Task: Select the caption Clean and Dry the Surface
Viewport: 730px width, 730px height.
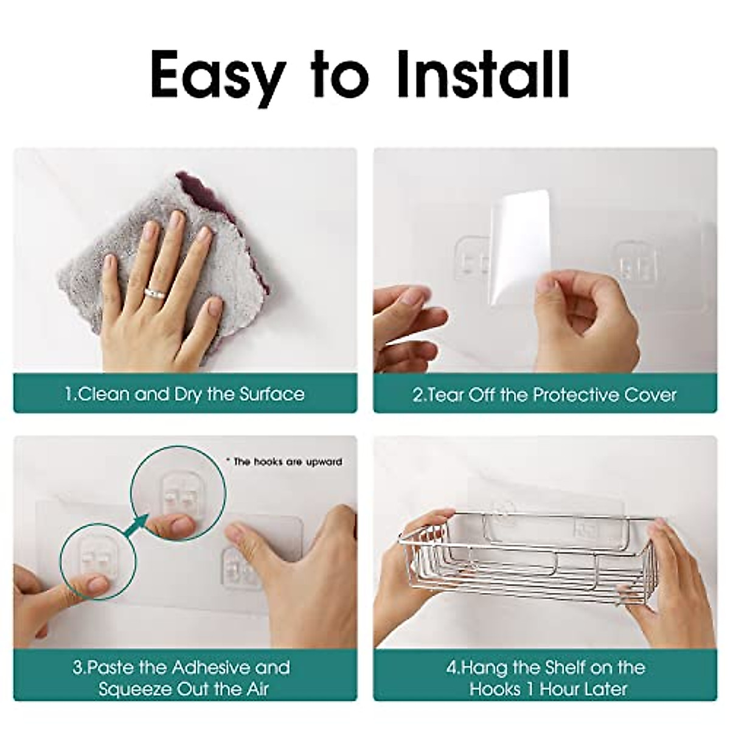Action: click(185, 394)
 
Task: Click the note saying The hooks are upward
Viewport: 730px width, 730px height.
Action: click(284, 462)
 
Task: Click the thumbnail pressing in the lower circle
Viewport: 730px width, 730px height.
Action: click(98, 585)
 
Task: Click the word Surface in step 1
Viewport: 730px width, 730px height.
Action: click(271, 394)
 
